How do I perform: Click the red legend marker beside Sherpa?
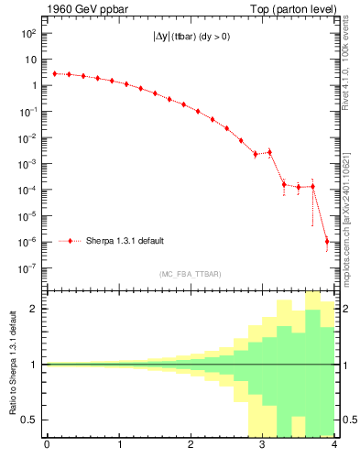(x=71, y=241)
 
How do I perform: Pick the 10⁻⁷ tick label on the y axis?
(x=29, y=269)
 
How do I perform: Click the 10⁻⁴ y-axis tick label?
(x=29, y=191)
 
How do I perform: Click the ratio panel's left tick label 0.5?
(x=31, y=420)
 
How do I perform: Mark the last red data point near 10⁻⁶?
(x=327, y=242)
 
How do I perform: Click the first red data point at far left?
(x=54, y=73)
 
